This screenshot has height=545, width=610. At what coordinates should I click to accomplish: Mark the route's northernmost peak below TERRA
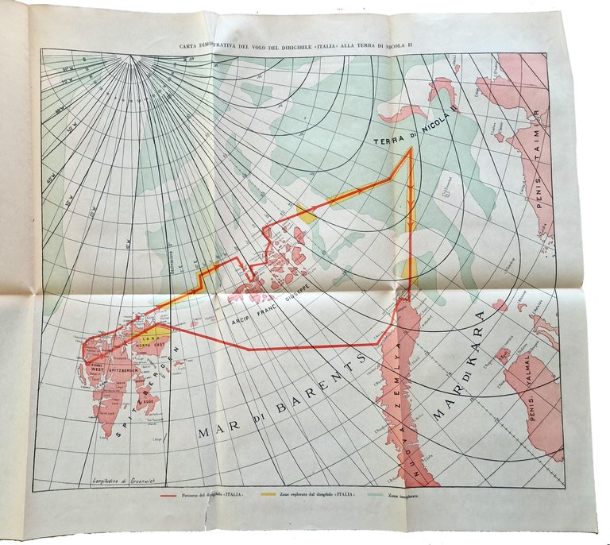[410, 149]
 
